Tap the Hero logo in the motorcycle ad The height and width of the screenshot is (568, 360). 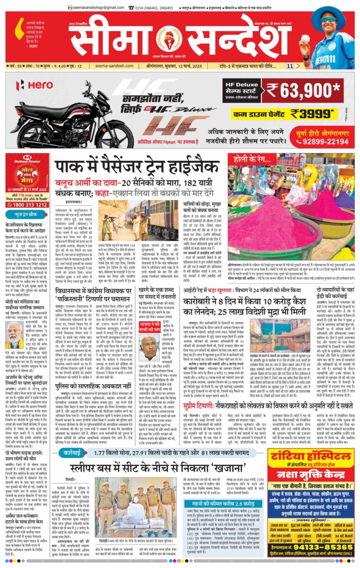[x=36, y=85]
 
